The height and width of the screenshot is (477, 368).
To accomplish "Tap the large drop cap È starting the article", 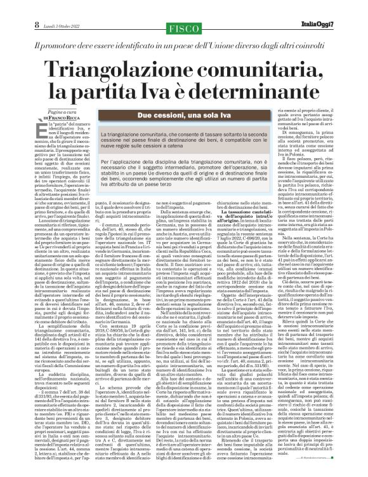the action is [x=40, y=131].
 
